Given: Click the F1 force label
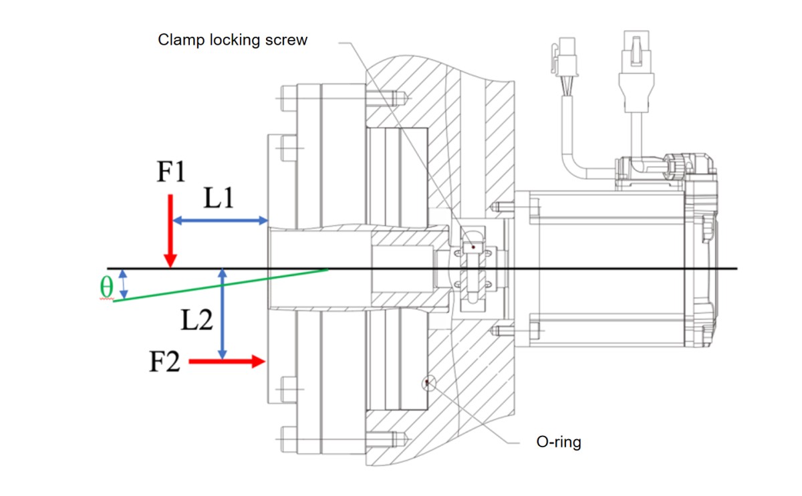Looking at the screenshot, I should click(x=170, y=173).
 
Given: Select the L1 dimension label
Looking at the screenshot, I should click(x=219, y=199).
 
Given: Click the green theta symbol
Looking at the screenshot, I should click(x=106, y=286).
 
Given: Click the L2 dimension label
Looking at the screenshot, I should click(x=196, y=322).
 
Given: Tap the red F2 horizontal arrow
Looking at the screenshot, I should click(x=227, y=362).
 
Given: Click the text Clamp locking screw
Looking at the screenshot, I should click(x=233, y=40).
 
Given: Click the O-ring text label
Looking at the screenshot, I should click(x=559, y=443).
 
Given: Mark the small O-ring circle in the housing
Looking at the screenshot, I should click(x=426, y=382).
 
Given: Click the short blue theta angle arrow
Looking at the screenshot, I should click(x=122, y=284).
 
